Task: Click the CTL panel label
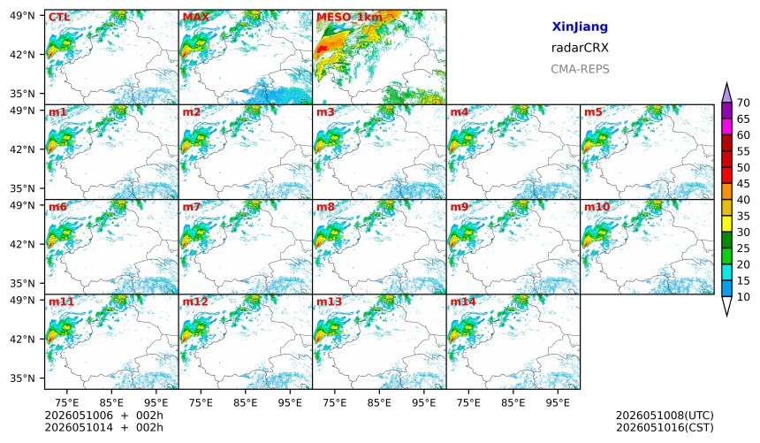(59, 17)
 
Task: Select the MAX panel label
(196, 17)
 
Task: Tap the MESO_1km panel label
(349, 18)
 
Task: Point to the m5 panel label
(593, 112)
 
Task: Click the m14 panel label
(463, 302)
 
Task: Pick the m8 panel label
(325, 207)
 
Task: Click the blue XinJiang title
(580, 27)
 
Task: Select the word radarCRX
(580, 48)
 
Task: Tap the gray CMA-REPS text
(580, 69)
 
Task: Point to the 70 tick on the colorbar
(743, 103)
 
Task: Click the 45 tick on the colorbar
(743, 183)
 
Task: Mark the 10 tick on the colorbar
(743, 297)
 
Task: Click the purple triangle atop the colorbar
(726, 94)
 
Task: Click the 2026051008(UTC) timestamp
(665, 416)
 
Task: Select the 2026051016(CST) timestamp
(665, 427)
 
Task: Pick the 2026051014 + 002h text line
(103, 427)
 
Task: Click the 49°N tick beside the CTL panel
(22, 16)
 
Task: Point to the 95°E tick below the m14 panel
(558, 402)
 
